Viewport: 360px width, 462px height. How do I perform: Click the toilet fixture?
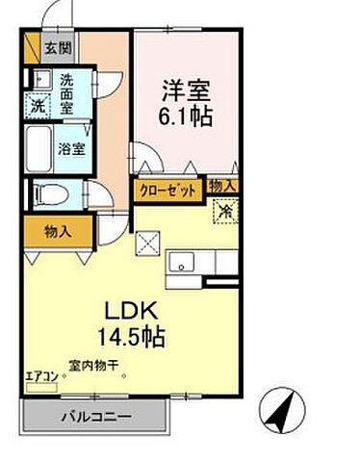(46, 192)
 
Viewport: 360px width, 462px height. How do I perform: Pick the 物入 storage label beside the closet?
(223, 186)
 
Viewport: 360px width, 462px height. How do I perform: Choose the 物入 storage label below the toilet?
(58, 231)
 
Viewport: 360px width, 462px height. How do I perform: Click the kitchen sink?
(183, 261)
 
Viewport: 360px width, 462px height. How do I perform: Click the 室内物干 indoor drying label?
(92, 366)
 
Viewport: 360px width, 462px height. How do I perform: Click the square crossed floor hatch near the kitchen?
(147, 244)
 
